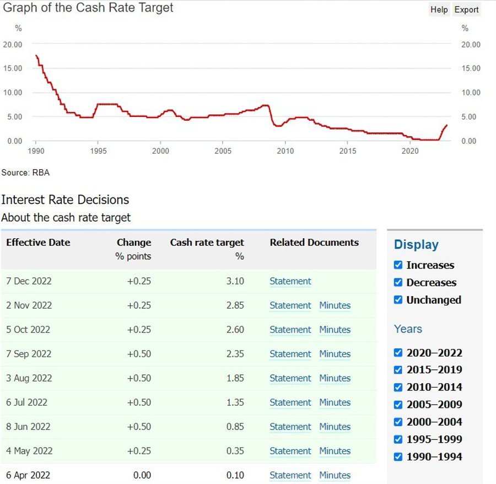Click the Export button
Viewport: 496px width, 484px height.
(x=466, y=9)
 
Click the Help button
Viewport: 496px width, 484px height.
(x=439, y=9)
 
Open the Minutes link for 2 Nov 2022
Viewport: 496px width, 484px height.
(x=335, y=305)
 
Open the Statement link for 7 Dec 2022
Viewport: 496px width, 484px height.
(x=290, y=281)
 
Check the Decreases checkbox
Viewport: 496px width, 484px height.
(x=398, y=282)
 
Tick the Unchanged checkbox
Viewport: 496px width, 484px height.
(x=398, y=300)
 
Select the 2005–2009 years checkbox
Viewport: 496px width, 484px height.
(x=398, y=405)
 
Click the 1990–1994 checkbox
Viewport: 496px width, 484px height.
(x=398, y=456)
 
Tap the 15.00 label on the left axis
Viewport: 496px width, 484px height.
(x=13, y=68)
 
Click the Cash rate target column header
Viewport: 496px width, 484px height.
(x=207, y=243)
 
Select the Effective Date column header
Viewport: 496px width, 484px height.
(x=38, y=243)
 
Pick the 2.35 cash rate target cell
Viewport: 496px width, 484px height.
(x=235, y=354)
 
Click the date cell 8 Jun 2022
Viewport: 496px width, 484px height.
(x=28, y=427)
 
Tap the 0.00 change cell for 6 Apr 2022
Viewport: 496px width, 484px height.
(x=142, y=475)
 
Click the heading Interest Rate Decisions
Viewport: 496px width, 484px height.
(x=65, y=200)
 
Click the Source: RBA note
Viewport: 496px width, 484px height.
(x=25, y=173)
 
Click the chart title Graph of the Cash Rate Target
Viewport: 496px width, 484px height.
(x=88, y=8)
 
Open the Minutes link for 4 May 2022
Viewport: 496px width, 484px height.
(x=335, y=451)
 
